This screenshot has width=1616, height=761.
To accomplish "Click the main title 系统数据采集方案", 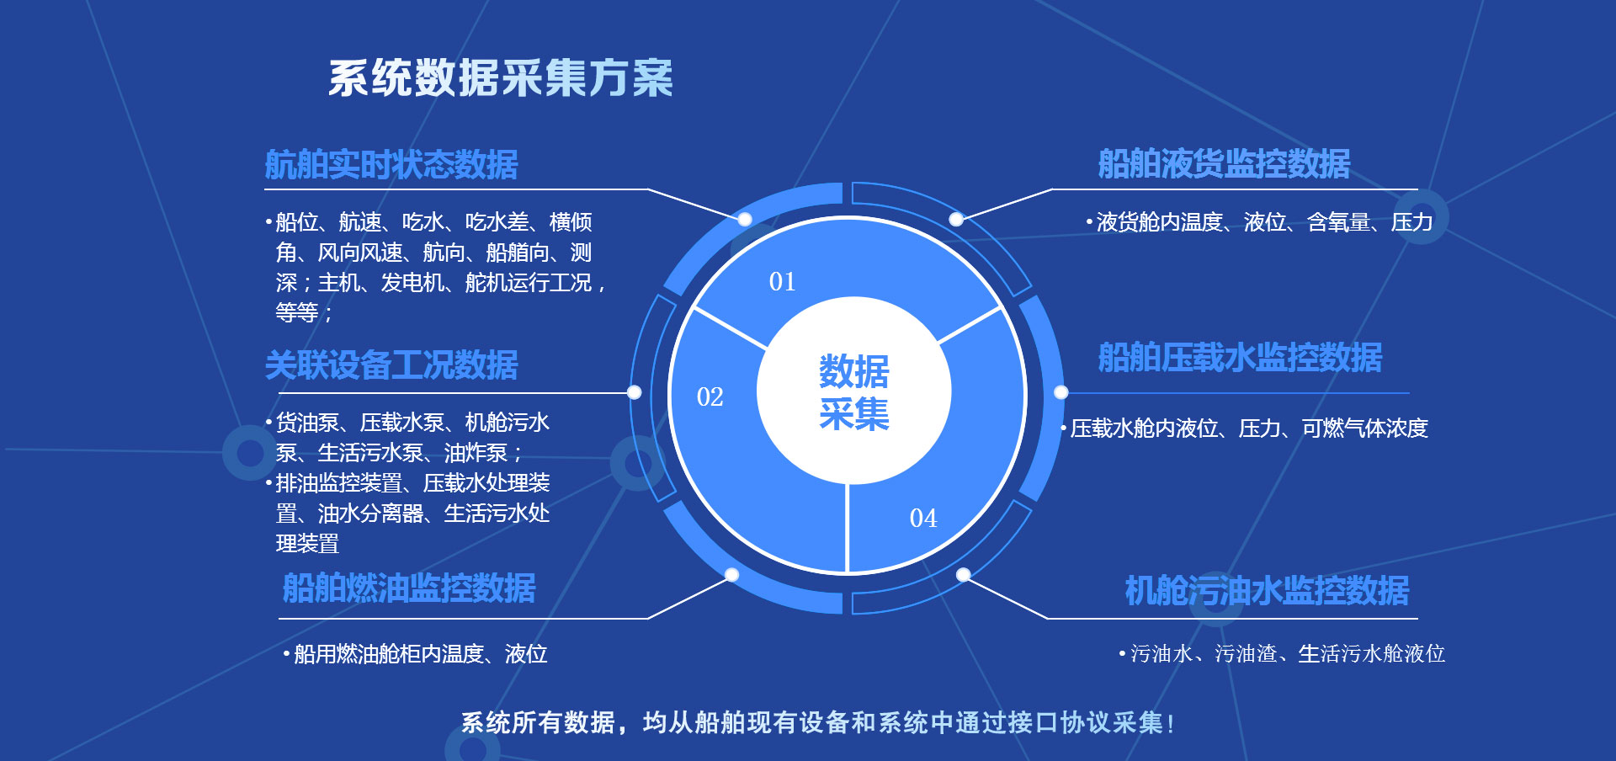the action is click(x=501, y=78).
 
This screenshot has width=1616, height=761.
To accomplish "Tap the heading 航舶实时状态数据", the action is click(x=391, y=164).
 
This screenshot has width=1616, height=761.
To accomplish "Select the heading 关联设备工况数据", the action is click(x=391, y=365).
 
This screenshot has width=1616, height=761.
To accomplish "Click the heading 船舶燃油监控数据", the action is click(x=409, y=588).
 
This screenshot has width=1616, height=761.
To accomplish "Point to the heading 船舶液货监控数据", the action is click(x=1224, y=163).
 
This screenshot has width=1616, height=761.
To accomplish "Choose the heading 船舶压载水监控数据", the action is click(x=1240, y=357).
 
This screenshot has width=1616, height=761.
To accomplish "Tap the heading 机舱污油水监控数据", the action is click(x=1267, y=590).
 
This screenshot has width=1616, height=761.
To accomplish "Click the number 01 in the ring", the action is click(x=782, y=281).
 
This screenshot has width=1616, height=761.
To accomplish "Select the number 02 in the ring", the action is click(x=710, y=396).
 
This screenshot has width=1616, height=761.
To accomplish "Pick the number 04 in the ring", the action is click(x=923, y=518).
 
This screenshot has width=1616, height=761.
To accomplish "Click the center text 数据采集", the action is click(x=854, y=392).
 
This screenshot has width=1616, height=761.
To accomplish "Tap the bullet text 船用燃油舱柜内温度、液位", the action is click(x=416, y=654).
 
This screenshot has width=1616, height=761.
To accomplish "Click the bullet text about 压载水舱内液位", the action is click(x=1245, y=428).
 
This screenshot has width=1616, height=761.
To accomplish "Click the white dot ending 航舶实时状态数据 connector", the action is click(x=745, y=220).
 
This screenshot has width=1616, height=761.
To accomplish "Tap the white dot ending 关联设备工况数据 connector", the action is click(x=635, y=392).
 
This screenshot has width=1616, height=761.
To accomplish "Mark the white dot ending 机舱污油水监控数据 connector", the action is click(x=964, y=575).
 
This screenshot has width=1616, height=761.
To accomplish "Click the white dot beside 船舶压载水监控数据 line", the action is click(x=1061, y=392).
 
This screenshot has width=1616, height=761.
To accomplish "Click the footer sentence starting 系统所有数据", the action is click(x=817, y=722).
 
